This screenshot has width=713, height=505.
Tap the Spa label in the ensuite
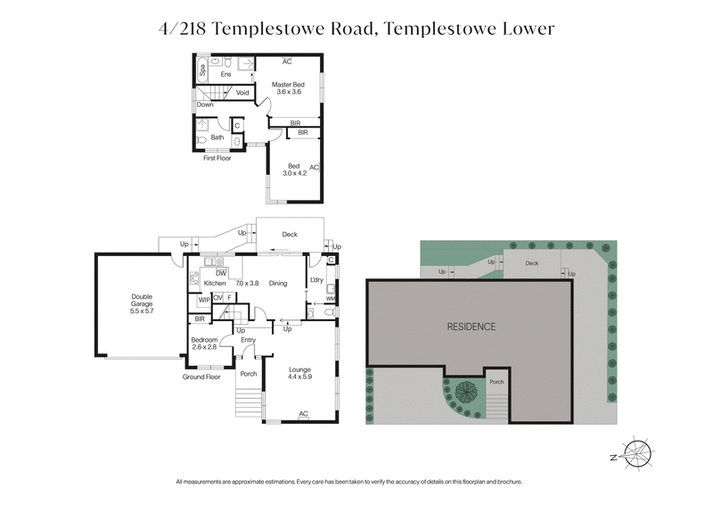202,67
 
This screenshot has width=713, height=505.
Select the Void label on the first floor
242,93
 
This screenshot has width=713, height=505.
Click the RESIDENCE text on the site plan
471,327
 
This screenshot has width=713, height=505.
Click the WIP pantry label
203,299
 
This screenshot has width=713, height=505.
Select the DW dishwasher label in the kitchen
220,272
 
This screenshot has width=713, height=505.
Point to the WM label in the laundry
331,300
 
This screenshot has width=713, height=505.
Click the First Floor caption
219,158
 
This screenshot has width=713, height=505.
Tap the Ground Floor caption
201,377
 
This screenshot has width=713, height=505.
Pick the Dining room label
278,283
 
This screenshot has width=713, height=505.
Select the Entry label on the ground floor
248,340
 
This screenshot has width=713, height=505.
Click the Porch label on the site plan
496,381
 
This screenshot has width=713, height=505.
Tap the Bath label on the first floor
217,137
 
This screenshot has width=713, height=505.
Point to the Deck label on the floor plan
289,235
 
